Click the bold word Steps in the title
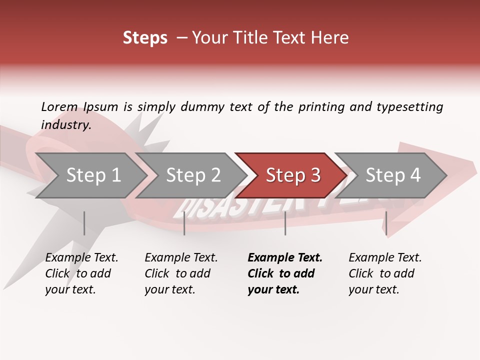tap(145, 38)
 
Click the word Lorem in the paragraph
tap(59, 106)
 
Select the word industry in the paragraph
tap(65, 124)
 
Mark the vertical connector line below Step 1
tap(84, 223)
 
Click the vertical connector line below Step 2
tap(184, 223)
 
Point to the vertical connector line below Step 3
tap(285, 223)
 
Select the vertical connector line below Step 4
tap(386, 223)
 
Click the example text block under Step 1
tap(81, 273)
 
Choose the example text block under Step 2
tap(181, 273)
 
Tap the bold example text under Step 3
tap(285, 273)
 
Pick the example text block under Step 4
tap(385, 273)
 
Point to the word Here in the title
tap(332, 38)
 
